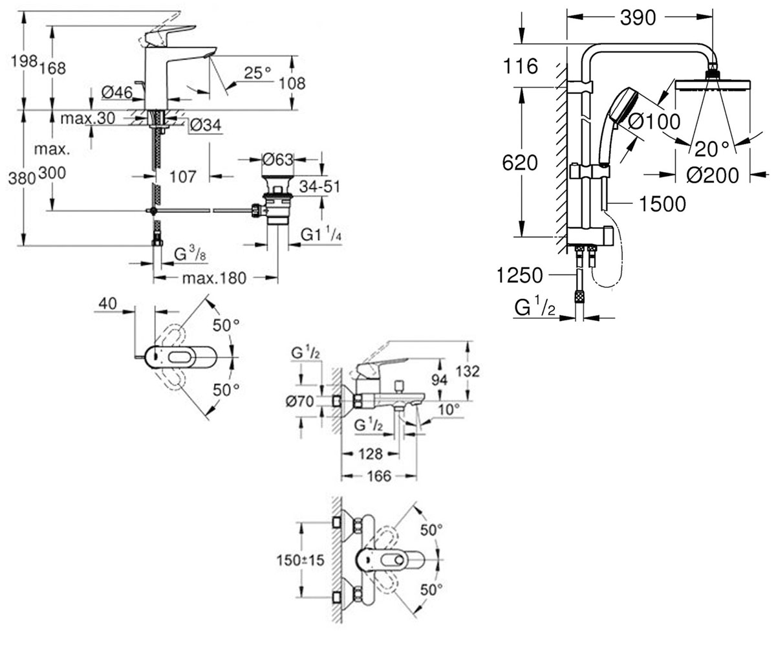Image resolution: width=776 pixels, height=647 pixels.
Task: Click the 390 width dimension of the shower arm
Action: click(638, 18)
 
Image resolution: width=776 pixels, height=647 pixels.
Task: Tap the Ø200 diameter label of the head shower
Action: click(713, 175)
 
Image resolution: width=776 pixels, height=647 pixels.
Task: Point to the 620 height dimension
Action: click(520, 163)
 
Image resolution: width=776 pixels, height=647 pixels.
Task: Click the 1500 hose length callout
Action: click(662, 204)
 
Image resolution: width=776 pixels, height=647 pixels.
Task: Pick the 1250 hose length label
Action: click(519, 276)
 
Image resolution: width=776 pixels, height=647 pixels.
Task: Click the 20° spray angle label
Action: click(712, 149)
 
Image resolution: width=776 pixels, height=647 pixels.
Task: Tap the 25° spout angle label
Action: click(257, 72)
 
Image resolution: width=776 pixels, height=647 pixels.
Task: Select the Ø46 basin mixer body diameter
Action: click(117, 93)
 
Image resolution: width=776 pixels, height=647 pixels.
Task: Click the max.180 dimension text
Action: click(215, 278)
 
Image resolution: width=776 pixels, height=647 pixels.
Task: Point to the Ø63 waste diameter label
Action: click(278, 160)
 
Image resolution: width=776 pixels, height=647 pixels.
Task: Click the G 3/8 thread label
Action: click(189, 254)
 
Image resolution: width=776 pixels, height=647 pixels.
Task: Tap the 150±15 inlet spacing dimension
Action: click(300, 560)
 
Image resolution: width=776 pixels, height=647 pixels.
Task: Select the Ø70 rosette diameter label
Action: click(299, 402)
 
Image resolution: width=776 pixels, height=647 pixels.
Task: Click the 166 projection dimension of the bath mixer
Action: click(379, 476)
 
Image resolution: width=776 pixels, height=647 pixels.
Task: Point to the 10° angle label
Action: click(449, 410)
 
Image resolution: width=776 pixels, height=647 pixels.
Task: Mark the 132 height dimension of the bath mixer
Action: click(468, 371)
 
